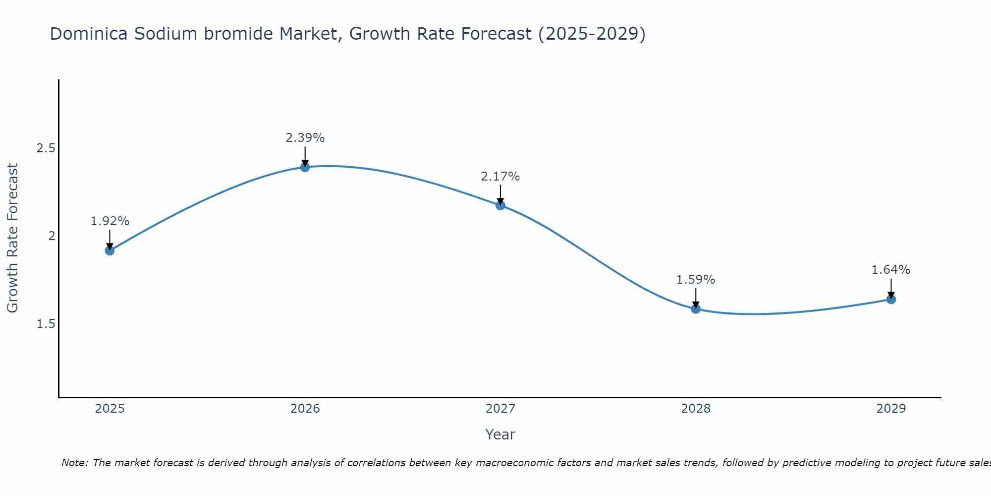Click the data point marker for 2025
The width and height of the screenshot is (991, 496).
click(x=110, y=250)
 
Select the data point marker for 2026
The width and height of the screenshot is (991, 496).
click(x=305, y=167)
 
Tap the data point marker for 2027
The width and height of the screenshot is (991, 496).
click(x=500, y=205)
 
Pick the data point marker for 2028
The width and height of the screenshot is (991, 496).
click(x=696, y=309)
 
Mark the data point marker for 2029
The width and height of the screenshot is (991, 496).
click(x=891, y=299)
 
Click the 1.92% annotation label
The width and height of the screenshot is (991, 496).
click(x=110, y=221)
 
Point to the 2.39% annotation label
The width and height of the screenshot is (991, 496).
click(x=305, y=138)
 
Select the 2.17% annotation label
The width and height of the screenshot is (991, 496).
click(x=500, y=176)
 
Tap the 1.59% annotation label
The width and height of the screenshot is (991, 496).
click(x=696, y=280)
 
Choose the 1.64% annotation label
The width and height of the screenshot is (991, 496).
click(x=891, y=270)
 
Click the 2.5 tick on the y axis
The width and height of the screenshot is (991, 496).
click(x=46, y=148)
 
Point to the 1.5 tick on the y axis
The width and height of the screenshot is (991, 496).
click(x=46, y=324)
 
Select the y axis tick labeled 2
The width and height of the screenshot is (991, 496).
click(x=52, y=236)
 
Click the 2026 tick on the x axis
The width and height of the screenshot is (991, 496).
click(x=305, y=409)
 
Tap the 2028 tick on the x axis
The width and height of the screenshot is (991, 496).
click(x=696, y=409)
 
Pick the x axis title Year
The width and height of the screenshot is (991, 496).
click(x=500, y=434)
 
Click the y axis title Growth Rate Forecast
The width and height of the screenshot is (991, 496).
click(x=12, y=238)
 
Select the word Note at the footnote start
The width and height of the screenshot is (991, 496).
click(x=74, y=463)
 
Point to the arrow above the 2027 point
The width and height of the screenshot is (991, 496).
click(x=500, y=194)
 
